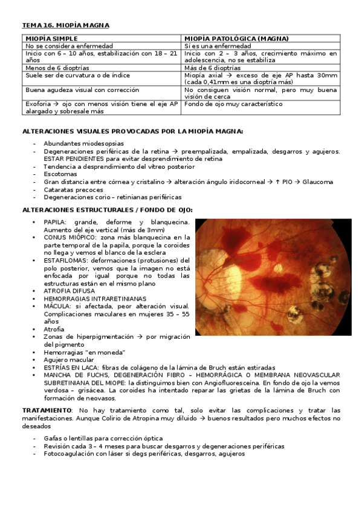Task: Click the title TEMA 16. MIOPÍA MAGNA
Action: [65, 25]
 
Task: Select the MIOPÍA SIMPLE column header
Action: [51, 39]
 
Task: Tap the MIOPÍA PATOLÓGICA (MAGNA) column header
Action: [232, 39]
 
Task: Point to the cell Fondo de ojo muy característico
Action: [233, 104]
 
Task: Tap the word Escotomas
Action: [60, 174]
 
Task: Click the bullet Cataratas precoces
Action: [73, 189]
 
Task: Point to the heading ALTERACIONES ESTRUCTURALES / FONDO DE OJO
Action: [107, 209]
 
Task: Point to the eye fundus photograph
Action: [273, 277]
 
